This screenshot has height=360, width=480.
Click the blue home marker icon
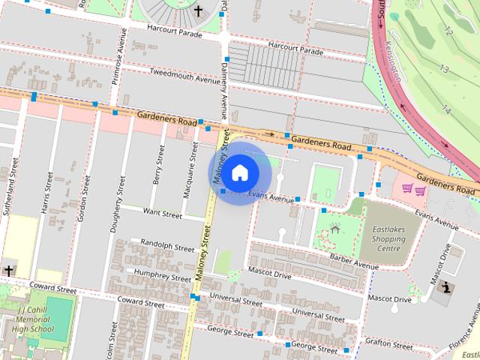pyautogui.click(x=238, y=172)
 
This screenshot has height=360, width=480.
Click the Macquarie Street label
pyautogui.click(x=189, y=171)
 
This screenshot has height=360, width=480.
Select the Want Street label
pyautogui.click(x=163, y=214)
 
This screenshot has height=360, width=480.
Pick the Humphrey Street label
pyautogui.click(x=163, y=275)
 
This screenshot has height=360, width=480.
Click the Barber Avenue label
pyautogui.click(x=354, y=261)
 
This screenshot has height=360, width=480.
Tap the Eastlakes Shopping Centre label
pyautogui.click(x=388, y=239)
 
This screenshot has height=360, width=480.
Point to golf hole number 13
pyautogui.click(x=444, y=69)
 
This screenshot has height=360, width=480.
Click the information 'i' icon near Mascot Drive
pyautogui.click(x=448, y=286)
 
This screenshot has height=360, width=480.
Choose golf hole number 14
pyautogui.click(x=446, y=109)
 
